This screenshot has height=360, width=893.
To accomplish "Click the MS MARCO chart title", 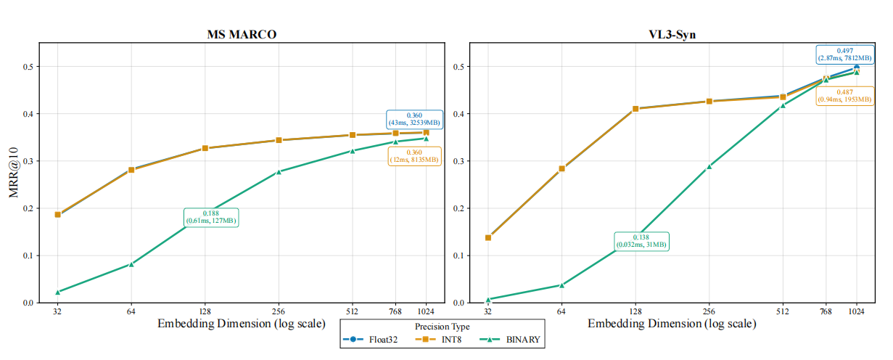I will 242,35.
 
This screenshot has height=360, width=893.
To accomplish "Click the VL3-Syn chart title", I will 672,35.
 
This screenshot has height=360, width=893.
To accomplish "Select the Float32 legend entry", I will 368,339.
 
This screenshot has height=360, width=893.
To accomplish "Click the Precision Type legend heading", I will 442,327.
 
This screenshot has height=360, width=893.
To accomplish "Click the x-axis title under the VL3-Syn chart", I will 672,323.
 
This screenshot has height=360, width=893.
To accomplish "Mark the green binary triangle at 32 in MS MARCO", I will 57,292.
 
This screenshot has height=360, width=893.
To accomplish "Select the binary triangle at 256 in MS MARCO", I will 279,171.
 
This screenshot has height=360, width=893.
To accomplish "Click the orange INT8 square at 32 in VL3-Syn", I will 488,237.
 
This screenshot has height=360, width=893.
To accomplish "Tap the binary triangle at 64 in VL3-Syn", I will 561,285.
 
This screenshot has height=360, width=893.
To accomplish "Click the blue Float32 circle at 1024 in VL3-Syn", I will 857,67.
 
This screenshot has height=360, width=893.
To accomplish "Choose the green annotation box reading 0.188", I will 210,216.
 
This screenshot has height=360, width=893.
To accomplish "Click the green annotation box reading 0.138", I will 642,241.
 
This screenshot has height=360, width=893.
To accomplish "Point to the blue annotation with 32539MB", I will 413,119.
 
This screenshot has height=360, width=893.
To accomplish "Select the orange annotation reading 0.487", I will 844,96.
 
